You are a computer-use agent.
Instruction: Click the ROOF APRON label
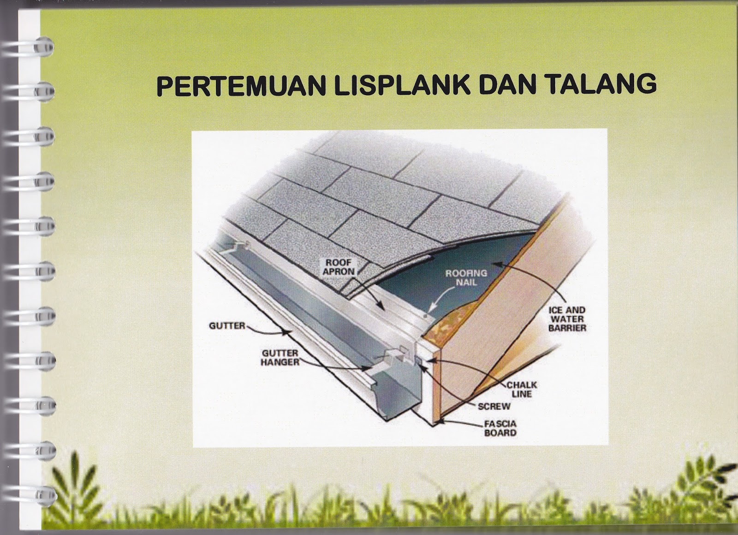(339, 267)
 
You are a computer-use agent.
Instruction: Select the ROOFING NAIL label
(466, 277)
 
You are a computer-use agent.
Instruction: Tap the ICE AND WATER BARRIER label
(567, 319)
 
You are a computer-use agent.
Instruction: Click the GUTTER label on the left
(227, 326)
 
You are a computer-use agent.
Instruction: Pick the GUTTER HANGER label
(280, 358)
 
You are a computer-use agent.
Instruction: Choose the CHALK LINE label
(522, 389)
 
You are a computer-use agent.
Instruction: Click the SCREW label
(494, 407)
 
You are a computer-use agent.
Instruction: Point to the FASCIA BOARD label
(500, 428)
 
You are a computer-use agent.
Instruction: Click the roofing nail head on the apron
(425, 316)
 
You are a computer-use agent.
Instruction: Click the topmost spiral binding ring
(44, 47)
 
